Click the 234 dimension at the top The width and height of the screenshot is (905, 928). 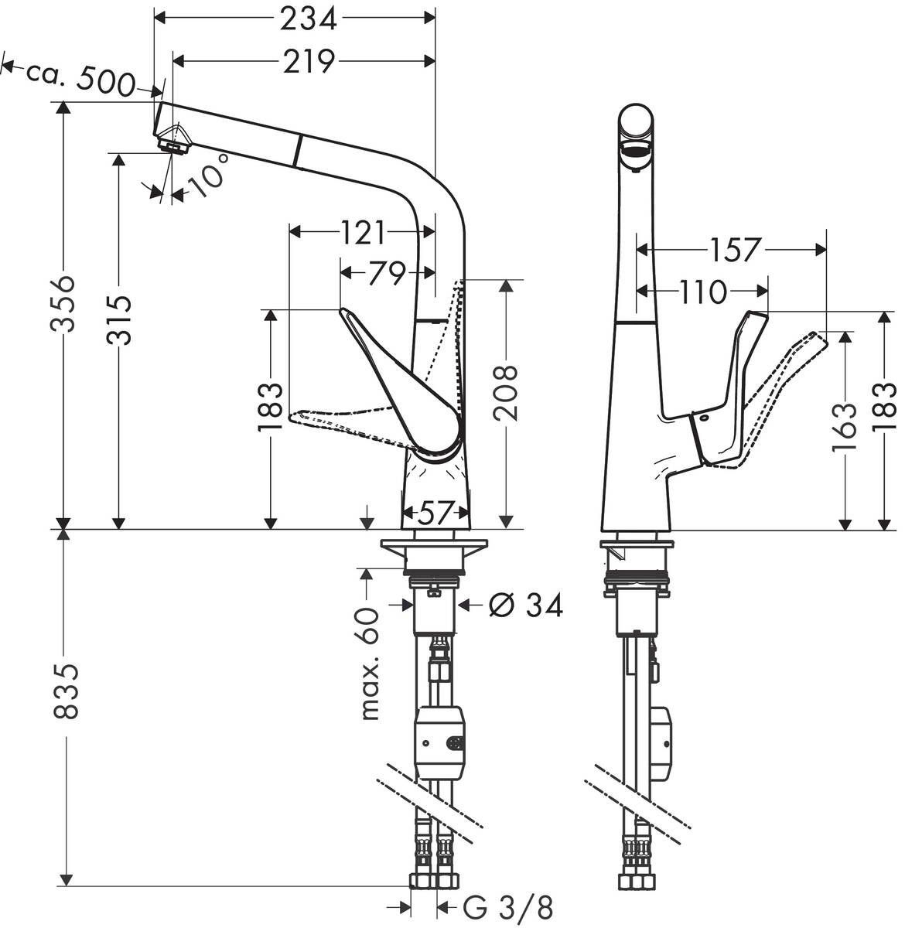[x=308, y=19]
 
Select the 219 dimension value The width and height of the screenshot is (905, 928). [x=308, y=61]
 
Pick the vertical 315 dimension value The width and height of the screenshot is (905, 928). [x=118, y=321]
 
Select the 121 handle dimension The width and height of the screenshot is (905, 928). [x=362, y=230]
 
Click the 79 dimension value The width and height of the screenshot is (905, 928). [x=387, y=273]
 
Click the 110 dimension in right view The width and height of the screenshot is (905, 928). [x=704, y=292]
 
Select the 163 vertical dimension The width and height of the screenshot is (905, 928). [x=846, y=426]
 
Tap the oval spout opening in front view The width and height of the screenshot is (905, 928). [x=637, y=149]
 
